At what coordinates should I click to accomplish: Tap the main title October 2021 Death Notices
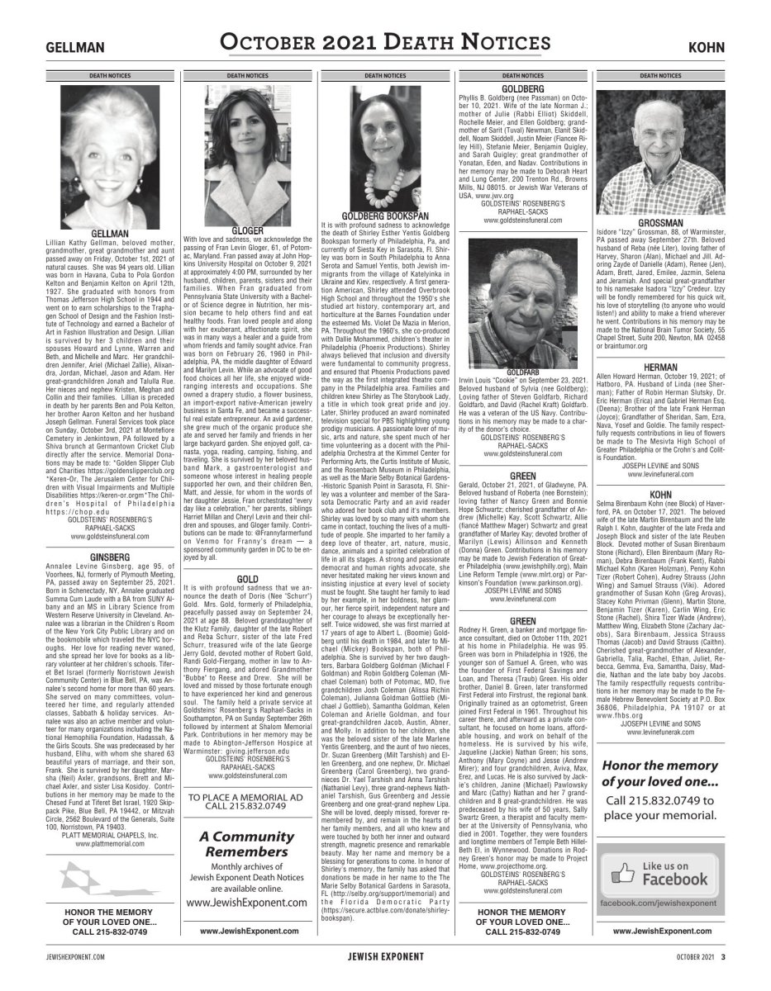(x=386, y=42)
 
